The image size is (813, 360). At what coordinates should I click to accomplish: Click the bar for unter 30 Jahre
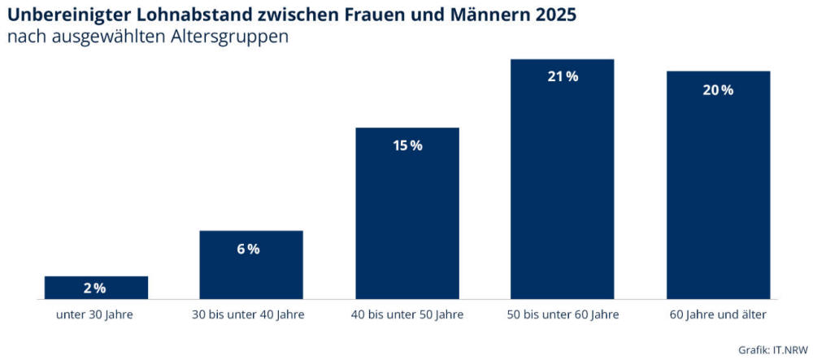point(96,288)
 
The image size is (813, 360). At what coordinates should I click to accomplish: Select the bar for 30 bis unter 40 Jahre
point(251,265)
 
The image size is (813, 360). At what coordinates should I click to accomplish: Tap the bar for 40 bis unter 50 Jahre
point(407,213)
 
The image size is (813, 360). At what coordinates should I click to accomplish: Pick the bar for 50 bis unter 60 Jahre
point(563,179)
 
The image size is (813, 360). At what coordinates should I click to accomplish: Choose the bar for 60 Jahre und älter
point(718,185)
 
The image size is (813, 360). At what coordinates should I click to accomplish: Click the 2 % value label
point(95,288)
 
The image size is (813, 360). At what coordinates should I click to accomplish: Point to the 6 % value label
point(249,249)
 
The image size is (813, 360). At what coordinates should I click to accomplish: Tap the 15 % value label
point(407,146)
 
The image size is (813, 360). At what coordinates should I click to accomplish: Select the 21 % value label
point(563,77)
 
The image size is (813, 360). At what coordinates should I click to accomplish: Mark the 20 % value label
point(718,90)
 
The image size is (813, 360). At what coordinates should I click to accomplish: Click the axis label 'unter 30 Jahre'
point(95,314)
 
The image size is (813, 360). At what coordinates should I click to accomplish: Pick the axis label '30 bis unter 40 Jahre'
point(251,314)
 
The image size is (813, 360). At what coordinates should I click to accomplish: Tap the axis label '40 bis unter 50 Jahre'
point(407,314)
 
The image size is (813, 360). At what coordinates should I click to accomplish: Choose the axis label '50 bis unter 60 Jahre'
point(563,314)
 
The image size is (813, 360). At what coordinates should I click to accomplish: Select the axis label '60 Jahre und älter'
point(718,314)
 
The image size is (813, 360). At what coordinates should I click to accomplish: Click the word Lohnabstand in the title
point(198,15)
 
